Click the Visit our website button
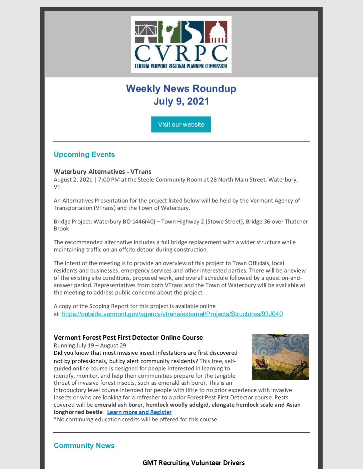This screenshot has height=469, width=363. (181, 124)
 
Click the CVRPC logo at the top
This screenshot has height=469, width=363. (181, 44)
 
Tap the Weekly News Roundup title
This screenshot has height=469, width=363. (181, 89)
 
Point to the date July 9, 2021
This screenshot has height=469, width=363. (181, 101)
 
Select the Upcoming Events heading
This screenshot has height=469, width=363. (84, 155)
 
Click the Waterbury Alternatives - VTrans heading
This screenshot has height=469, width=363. (102, 172)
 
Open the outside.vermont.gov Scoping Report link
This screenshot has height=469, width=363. (172, 314)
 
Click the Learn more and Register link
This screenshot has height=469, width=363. (139, 412)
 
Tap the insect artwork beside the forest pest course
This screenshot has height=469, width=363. (280, 356)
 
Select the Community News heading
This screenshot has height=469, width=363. (84, 446)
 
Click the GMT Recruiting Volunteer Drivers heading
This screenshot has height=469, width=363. (194, 463)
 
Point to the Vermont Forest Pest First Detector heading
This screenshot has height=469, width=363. (128, 337)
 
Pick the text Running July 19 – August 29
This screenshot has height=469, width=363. (90, 345)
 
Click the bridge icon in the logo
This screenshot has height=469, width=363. (145, 32)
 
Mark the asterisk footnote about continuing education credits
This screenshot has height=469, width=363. (136, 419)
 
